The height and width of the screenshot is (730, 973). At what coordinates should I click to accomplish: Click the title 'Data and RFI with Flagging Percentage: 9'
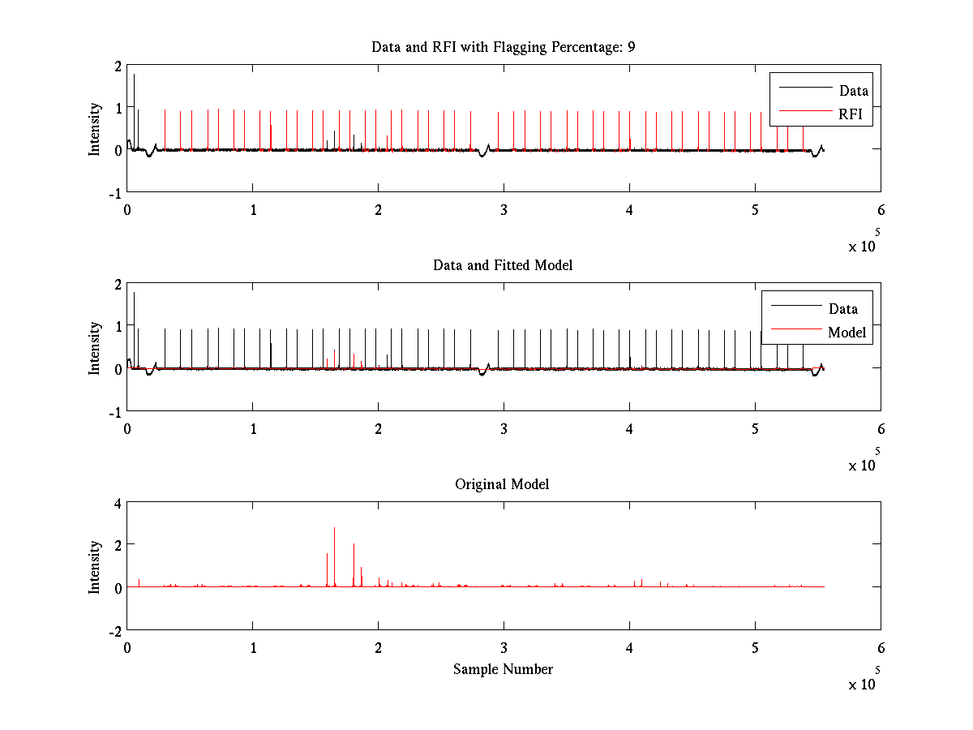503,47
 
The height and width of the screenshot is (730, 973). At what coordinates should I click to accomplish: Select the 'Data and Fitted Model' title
503,265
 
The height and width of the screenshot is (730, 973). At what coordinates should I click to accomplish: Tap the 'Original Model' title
502,484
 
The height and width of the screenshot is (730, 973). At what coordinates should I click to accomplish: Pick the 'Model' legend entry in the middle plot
847,332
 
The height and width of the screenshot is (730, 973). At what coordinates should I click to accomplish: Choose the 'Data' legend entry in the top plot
854,90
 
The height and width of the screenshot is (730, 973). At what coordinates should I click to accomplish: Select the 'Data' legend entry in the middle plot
843,308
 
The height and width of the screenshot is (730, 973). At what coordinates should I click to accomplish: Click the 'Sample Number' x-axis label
503,669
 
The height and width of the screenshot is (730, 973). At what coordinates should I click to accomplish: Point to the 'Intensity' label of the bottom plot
96,567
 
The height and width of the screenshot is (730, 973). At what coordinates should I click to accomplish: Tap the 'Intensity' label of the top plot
96,128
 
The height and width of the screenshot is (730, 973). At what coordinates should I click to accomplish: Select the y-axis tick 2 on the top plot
118,66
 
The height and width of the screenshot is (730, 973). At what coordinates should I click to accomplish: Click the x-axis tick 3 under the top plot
504,208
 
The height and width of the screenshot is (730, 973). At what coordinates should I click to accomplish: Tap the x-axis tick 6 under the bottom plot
881,647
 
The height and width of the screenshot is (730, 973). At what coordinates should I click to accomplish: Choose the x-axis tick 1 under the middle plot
253,427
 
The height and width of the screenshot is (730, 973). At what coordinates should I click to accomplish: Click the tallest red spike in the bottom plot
334,530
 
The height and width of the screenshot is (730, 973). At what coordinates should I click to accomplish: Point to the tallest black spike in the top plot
134,75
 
